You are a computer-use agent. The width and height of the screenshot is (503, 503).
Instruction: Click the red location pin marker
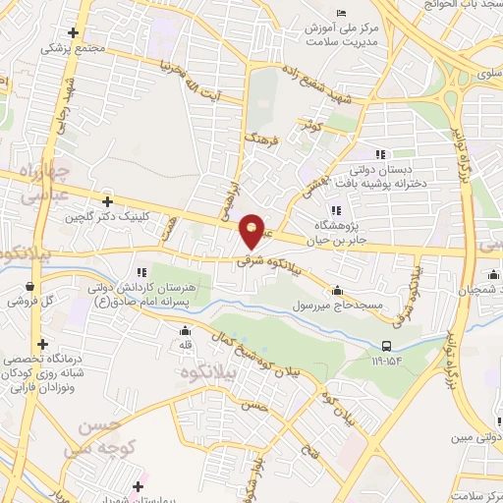click(252, 232)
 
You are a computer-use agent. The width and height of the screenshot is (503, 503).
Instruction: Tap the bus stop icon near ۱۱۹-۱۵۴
click(387, 345)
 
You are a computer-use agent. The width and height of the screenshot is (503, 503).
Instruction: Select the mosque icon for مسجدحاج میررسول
click(337, 291)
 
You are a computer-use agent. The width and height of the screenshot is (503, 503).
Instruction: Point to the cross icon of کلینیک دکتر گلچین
click(107, 201)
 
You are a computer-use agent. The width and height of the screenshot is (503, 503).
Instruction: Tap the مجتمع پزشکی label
click(69, 45)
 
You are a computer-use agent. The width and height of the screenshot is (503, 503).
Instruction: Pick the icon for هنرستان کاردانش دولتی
click(142, 271)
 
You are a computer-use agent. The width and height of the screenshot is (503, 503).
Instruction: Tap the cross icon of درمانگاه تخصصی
click(42, 344)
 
